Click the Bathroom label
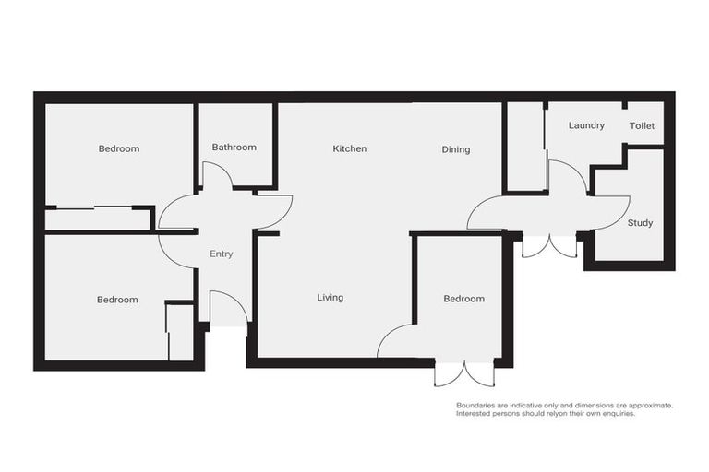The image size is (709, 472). tap(234, 147)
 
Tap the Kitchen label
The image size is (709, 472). tap(350, 148)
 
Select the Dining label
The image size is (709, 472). tap(455, 149)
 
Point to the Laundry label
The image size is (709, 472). tap(586, 125)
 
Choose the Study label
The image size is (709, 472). tap(640, 223)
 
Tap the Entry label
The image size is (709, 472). tap(221, 254)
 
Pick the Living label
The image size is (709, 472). tap(330, 298)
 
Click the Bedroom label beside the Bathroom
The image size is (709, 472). tap(118, 148)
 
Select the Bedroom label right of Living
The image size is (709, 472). tap(463, 299)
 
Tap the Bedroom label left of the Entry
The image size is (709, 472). tap(117, 300)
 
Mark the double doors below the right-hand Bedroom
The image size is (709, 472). tap(465, 373)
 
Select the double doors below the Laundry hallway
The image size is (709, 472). tap(549, 246)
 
